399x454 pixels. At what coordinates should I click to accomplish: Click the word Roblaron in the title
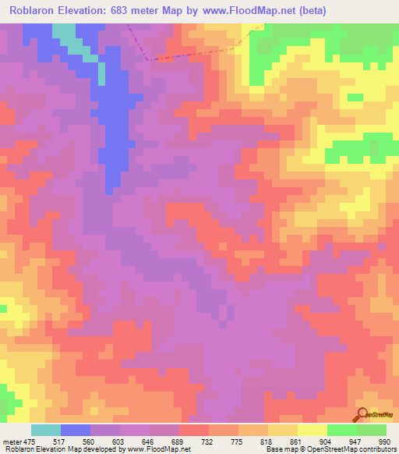(34, 10)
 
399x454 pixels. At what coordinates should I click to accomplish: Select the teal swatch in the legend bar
(46, 430)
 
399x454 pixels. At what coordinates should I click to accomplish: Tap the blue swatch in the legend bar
(76, 430)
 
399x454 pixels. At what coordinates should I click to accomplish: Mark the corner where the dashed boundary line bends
(147, 59)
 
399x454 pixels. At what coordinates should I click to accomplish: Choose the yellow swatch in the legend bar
(312, 430)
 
